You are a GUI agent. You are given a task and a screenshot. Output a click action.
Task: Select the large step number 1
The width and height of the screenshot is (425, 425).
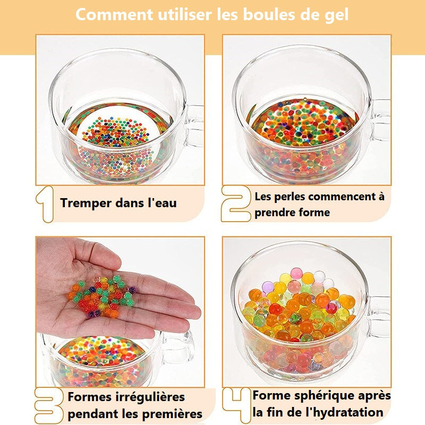point(45,204)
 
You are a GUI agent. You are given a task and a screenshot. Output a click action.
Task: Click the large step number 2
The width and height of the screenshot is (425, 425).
point(235,204)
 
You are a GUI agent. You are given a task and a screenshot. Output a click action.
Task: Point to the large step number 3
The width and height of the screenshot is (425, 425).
point(49,406)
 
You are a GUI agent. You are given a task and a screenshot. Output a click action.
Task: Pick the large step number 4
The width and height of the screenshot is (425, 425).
point(236,405)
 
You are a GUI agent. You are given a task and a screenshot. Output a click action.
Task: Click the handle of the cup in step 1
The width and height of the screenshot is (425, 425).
point(194,126)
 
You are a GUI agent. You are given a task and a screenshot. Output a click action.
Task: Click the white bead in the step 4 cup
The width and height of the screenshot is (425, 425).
point(320,276)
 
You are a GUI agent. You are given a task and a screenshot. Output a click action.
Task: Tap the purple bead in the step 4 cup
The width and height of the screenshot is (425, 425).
point(268,287)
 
